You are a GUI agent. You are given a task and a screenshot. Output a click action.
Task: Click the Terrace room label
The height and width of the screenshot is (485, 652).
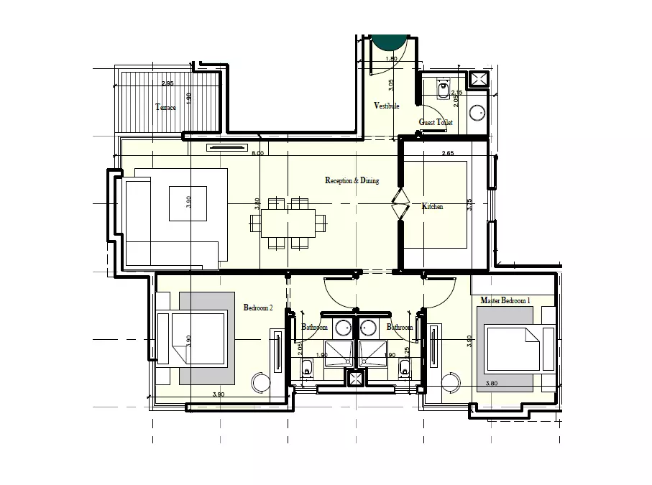[165, 108]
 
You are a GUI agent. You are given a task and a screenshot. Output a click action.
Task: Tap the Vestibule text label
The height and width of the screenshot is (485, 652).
[386, 106]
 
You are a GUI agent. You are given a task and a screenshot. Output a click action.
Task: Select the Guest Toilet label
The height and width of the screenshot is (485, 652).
[436, 123]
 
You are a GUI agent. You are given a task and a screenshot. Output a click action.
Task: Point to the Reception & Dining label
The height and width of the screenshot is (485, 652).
[352, 180]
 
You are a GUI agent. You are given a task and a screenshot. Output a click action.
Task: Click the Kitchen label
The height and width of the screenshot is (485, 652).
[432, 207]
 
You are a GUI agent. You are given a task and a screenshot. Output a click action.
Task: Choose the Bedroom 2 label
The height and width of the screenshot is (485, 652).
[258, 308]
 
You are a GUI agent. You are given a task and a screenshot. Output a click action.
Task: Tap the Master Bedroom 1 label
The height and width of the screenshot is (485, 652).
[505, 300]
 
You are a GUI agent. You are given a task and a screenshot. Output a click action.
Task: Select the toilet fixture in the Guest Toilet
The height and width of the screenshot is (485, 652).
[444, 91]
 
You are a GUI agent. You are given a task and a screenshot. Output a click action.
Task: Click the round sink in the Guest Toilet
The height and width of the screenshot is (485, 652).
[477, 112]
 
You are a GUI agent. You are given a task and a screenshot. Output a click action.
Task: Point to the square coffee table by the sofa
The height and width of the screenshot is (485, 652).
[188, 203]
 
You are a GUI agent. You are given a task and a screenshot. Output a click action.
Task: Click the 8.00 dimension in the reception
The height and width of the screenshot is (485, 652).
[258, 153]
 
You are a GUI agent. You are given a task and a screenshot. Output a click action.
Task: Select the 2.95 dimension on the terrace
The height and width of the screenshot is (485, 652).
[167, 84]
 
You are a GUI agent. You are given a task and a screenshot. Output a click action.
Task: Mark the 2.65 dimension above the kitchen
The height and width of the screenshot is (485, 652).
[448, 153]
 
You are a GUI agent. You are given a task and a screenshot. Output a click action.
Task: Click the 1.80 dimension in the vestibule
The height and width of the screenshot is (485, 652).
[391, 59]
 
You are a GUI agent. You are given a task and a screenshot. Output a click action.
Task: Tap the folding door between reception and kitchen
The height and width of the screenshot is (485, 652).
[400, 206]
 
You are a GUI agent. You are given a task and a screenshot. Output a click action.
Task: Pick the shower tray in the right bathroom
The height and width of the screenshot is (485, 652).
[373, 353]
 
